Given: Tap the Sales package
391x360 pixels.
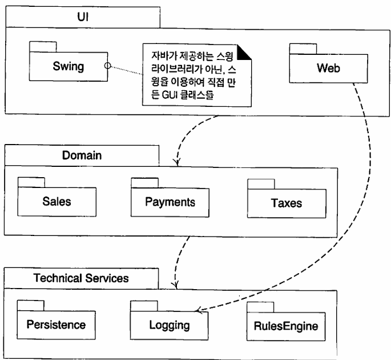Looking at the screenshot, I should (x=57, y=202).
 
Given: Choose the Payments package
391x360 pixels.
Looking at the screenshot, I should (x=170, y=202).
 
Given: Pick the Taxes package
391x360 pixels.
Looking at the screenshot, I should (x=287, y=203).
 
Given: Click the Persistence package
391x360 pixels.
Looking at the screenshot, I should (x=56, y=325).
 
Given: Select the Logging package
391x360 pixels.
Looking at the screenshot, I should (x=170, y=326).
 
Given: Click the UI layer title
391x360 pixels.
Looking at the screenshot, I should (x=82, y=18).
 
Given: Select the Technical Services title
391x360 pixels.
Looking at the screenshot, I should (x=81, y=278).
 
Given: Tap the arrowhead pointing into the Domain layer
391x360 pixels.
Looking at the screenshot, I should (x=177, y=163).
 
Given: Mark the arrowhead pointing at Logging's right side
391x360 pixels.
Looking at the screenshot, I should (x=197, y=311).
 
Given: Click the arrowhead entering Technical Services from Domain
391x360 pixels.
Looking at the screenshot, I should (x=176, y=286).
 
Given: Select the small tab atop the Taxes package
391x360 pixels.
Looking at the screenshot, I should (x=261, y=183).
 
